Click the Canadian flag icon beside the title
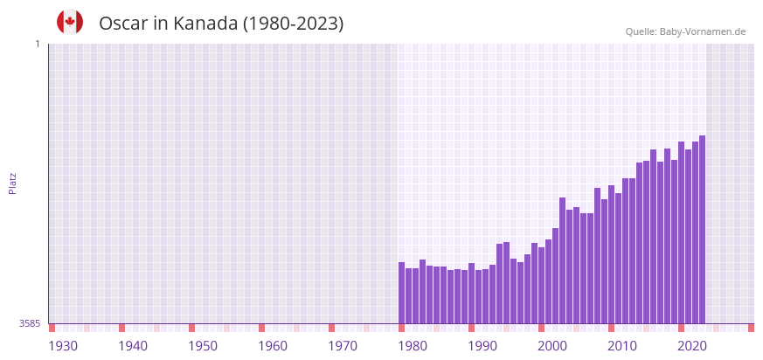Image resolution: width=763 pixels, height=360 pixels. pyautogui.click(x=70, y=22)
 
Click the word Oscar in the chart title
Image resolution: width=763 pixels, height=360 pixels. pyautogui.click(x=123, y=24)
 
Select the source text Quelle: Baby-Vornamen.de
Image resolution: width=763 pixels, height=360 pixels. pyautogui.click(x=685, y=31)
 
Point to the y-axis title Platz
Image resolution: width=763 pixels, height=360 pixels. pyautogui.click(x=12, y=183)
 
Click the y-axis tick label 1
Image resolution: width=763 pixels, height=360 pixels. pyautogui.click(x=38, y=44)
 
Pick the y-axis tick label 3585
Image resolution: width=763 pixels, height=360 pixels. pyautogui.click(x=30, y=323)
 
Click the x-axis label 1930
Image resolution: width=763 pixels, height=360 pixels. pyautogui.click(x=63, y=346)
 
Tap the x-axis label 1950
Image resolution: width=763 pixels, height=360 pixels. pyautogui.click(x=203, y=346)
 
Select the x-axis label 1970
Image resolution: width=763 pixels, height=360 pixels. pyautogui.click(x=343, y=346)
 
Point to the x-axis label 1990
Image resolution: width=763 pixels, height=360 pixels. pyautogui.click(x=482, y=346)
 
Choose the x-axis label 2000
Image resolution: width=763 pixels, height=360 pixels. pyautogui.click(x=552, y=346)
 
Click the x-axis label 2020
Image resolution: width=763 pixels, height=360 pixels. pyautogui.click(x=692, y=346)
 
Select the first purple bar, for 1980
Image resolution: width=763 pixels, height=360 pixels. pyautogui.click(x=402, y=293)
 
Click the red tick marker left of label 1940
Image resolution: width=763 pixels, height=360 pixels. pyautogui.click(x=122, y=328)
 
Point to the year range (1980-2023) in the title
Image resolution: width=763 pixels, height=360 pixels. pyautogui.click(x=293, y=24)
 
